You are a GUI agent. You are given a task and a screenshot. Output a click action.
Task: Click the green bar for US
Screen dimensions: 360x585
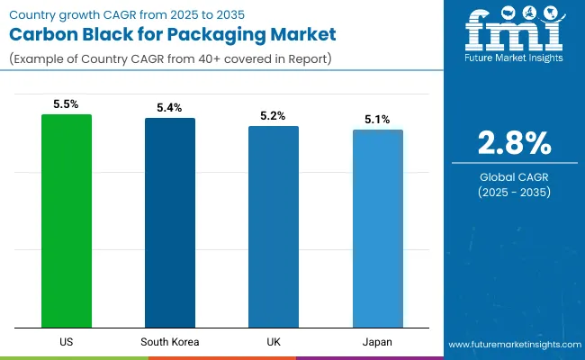coord(67,220)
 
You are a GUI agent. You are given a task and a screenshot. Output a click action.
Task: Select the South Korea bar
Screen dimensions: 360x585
coord(170,222)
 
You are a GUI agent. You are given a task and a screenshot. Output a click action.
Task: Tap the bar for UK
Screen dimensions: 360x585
coord(274,227)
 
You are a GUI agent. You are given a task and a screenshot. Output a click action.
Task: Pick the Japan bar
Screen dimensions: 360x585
coord(378,229)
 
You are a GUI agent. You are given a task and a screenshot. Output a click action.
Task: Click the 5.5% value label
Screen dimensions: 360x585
coord(67,104)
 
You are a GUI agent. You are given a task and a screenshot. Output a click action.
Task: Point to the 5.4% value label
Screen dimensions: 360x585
coord(170,108)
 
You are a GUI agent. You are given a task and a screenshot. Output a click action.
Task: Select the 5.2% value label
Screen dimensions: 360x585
coord(274,116)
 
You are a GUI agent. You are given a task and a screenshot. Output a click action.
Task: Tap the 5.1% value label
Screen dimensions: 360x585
coord(378,120)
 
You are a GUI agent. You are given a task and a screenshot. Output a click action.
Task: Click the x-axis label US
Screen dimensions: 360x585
coord(67,342)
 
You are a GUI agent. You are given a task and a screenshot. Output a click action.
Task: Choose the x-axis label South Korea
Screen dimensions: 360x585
coord(170,342)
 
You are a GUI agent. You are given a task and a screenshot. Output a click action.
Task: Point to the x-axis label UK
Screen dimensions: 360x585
coord(274,342)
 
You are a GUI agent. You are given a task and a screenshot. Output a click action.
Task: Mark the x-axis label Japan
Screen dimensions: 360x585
coord(378,342)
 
